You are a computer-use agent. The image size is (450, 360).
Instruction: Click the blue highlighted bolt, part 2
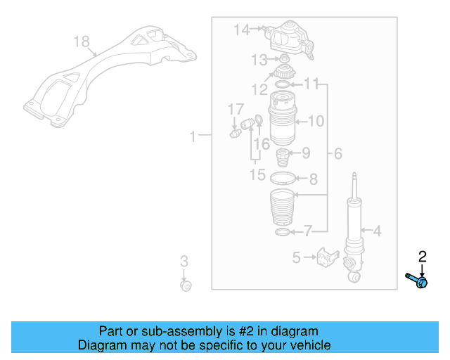pyautogui.click(x=418, y=281)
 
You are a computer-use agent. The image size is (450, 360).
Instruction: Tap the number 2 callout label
pyautogui.click(x=423, y=257)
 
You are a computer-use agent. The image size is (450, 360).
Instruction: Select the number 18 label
pyautogui.click(x=82, y=41)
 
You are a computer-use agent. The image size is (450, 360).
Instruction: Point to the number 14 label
pyautogui.click(x=242, y=30)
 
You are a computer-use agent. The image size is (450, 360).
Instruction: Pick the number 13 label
pyautogui.click(x=260, y=59)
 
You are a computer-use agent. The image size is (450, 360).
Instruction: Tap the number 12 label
pyautogui.click(x=259, y=90)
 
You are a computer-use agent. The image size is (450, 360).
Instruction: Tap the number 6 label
pyautogui.click(x=337, y=153)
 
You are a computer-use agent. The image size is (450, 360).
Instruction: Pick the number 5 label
pyautogui.click(x=297, y=258)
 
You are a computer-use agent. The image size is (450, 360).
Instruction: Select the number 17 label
pyautogui.click(x=235, y=110)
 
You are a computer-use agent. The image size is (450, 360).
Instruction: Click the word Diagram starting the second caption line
pyautogui.click(x=102, y=345)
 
